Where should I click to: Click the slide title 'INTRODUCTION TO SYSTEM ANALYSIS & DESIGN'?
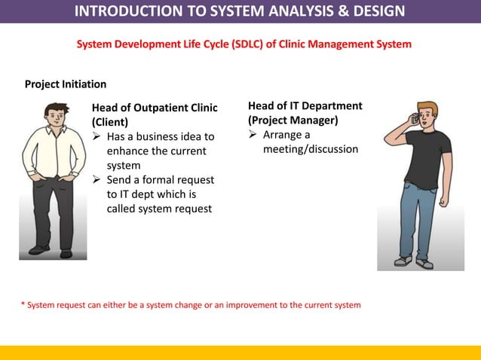pyautogui.click(x=240, y=11)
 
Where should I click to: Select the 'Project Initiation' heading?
pyautogui.click(x=66, y=84)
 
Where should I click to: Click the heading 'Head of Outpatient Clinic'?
pyautogui.click(x=155, y=108)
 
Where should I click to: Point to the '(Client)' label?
pyautogui.click(x=110, y=122)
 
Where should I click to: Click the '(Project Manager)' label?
pyautogui.click(x=293, y=121)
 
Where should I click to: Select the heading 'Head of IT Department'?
pyautogui.click(x=305, y=106)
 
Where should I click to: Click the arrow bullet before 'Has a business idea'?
pyautogui.click(x=97, y=137)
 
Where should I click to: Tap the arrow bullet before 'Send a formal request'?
pyautogui.click(x=97, y=180)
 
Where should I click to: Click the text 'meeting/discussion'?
pyautogui.click(x=311, y=150)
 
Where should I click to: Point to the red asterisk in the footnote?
pyautogui.click(x=23, y=306)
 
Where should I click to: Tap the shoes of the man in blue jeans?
pyautogui.click(x=414, y=262)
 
